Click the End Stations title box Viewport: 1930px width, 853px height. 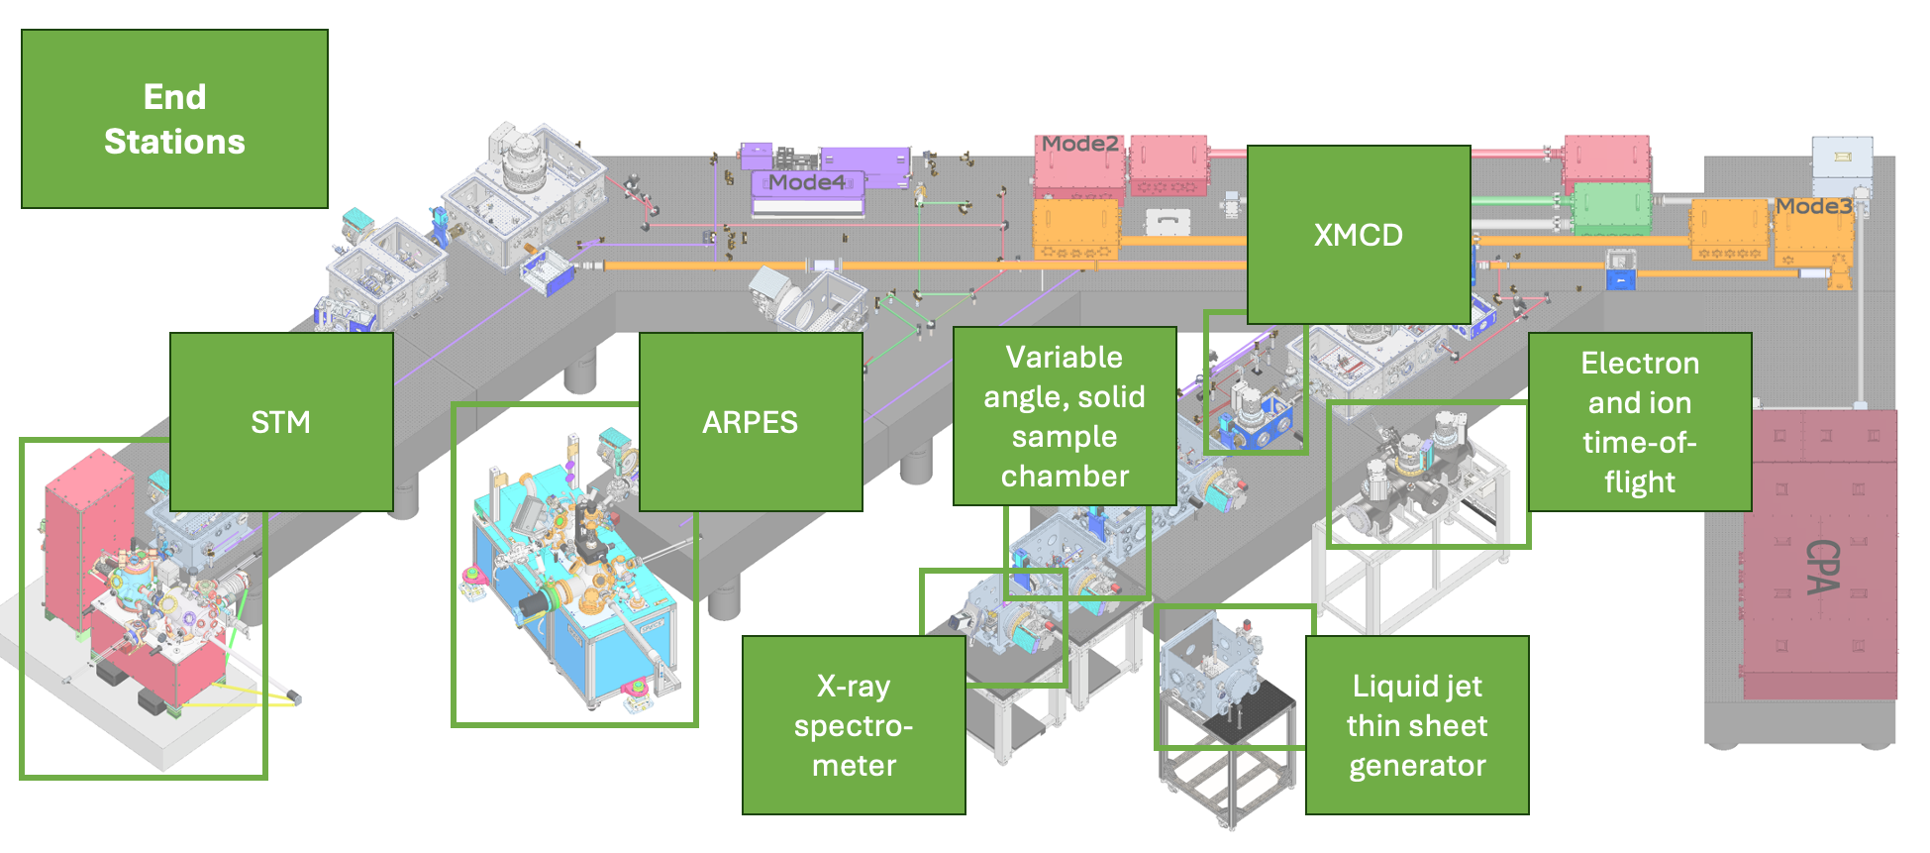[174, 119]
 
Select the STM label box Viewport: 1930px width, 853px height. [281, 422]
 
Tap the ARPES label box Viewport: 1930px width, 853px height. [750, 422]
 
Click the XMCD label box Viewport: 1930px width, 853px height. [1358, 235]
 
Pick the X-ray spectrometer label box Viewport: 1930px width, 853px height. [854, 725]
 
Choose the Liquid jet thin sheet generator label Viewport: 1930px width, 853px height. [1416, 725]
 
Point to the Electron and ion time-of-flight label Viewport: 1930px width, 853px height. [1639, 422]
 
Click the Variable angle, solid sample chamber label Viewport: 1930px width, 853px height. [1065, 416]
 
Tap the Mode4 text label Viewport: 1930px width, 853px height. [807, 182]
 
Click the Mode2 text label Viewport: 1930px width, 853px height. [1079, 144]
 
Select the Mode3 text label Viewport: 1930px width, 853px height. [1813, 206]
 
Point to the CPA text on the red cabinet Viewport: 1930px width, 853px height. [1822, 567]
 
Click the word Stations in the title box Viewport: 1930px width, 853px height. [174, 142]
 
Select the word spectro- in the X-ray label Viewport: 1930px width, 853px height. [854, 726]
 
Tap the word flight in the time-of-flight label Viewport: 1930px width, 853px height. [1640, 482]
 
